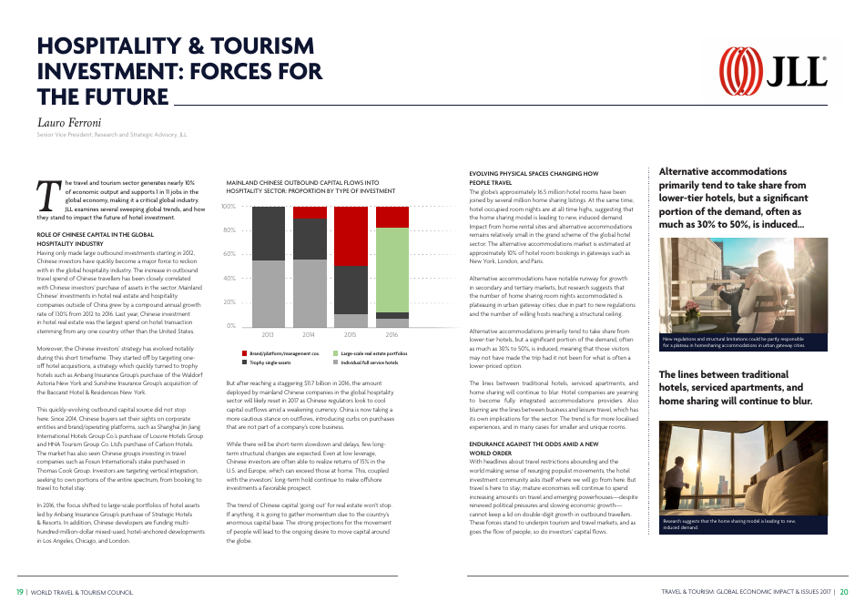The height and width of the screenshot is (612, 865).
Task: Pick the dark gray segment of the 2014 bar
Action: [310, 239]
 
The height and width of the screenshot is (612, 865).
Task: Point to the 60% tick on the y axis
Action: [229, 254]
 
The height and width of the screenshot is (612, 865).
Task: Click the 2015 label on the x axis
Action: [351, 335]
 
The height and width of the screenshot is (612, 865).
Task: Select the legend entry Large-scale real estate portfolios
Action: [369, 353]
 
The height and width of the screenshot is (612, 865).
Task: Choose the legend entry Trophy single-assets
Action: [269, 362]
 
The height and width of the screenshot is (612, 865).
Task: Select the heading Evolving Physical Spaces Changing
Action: [533, 173]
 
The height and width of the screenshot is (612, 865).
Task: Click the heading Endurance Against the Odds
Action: [533, 443]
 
